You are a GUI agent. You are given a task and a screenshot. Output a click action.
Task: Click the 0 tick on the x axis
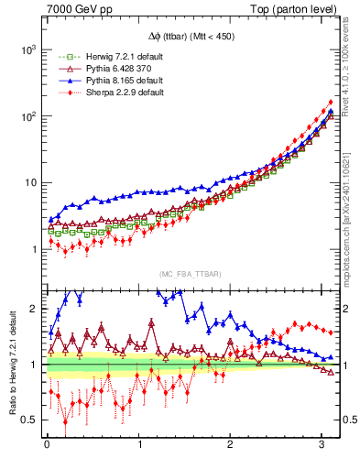[47, 446]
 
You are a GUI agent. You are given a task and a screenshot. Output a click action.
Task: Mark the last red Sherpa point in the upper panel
[330, 102]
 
